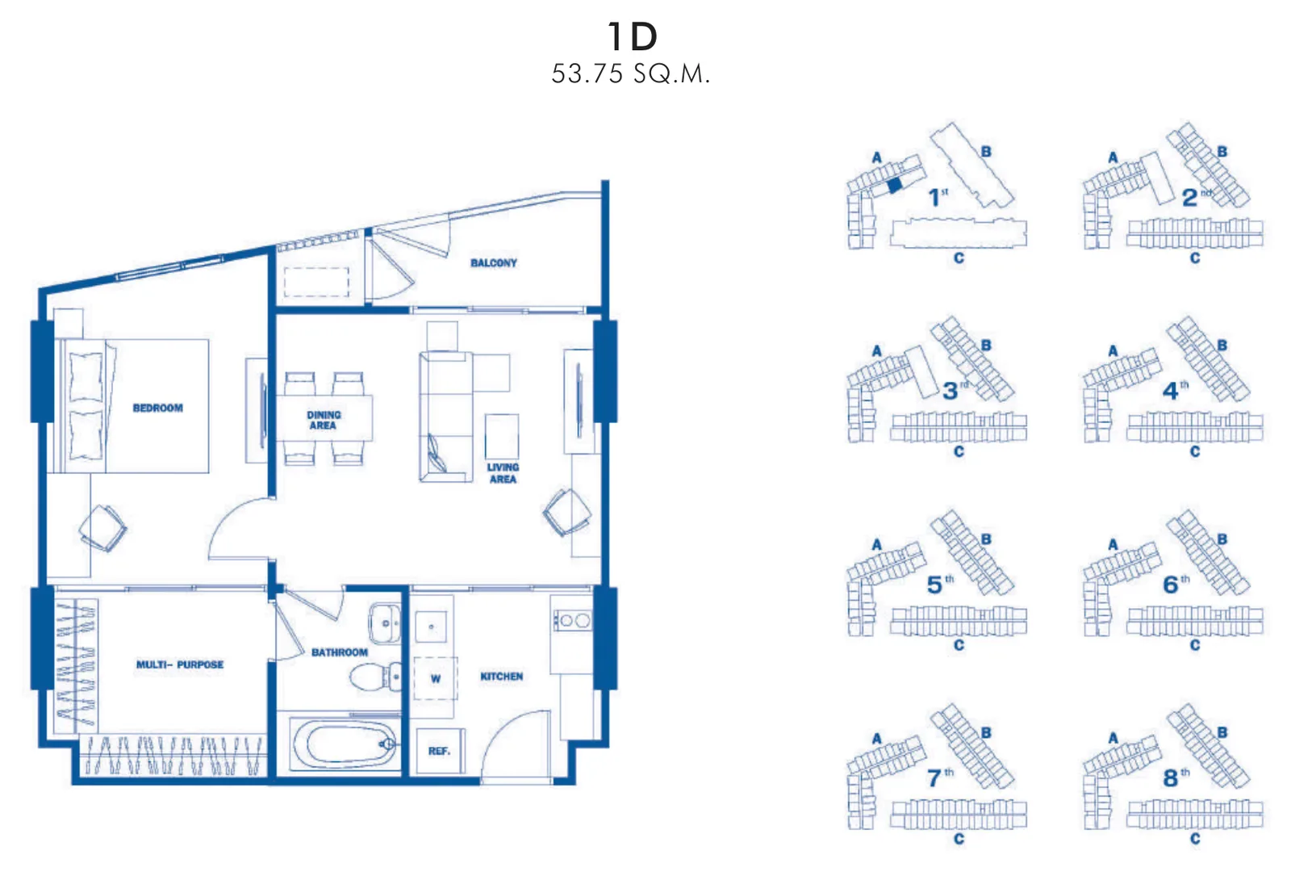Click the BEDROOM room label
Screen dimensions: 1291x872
tap(158, 409)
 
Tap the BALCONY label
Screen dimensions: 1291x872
tap(494, 263)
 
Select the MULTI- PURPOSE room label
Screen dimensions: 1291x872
tap(180, 664)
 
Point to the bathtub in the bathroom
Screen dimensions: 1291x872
tap(344, 744)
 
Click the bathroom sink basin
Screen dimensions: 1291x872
tap(384, 623)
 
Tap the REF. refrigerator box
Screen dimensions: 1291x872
tap(439, 751)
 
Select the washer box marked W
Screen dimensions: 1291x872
tap(436, 679)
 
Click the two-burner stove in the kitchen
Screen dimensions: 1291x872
tap(572, 621)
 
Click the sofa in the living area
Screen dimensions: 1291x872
tap(445, 417)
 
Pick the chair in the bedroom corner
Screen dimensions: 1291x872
tap(104, 528)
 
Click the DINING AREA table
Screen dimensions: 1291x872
tap(324, 418)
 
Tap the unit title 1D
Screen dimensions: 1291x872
tap(633, 36)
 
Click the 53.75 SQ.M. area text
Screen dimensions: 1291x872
tap(630, 73)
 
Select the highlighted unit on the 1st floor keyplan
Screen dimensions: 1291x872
tap(895, 185)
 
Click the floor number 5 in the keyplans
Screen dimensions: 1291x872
tap(934, 585)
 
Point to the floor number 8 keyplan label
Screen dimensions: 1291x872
tap(1171, 778)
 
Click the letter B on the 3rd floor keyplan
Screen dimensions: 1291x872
tap(986, 346)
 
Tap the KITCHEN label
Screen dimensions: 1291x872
tap(501, 677)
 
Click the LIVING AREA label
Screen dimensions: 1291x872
tap(503, 473)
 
